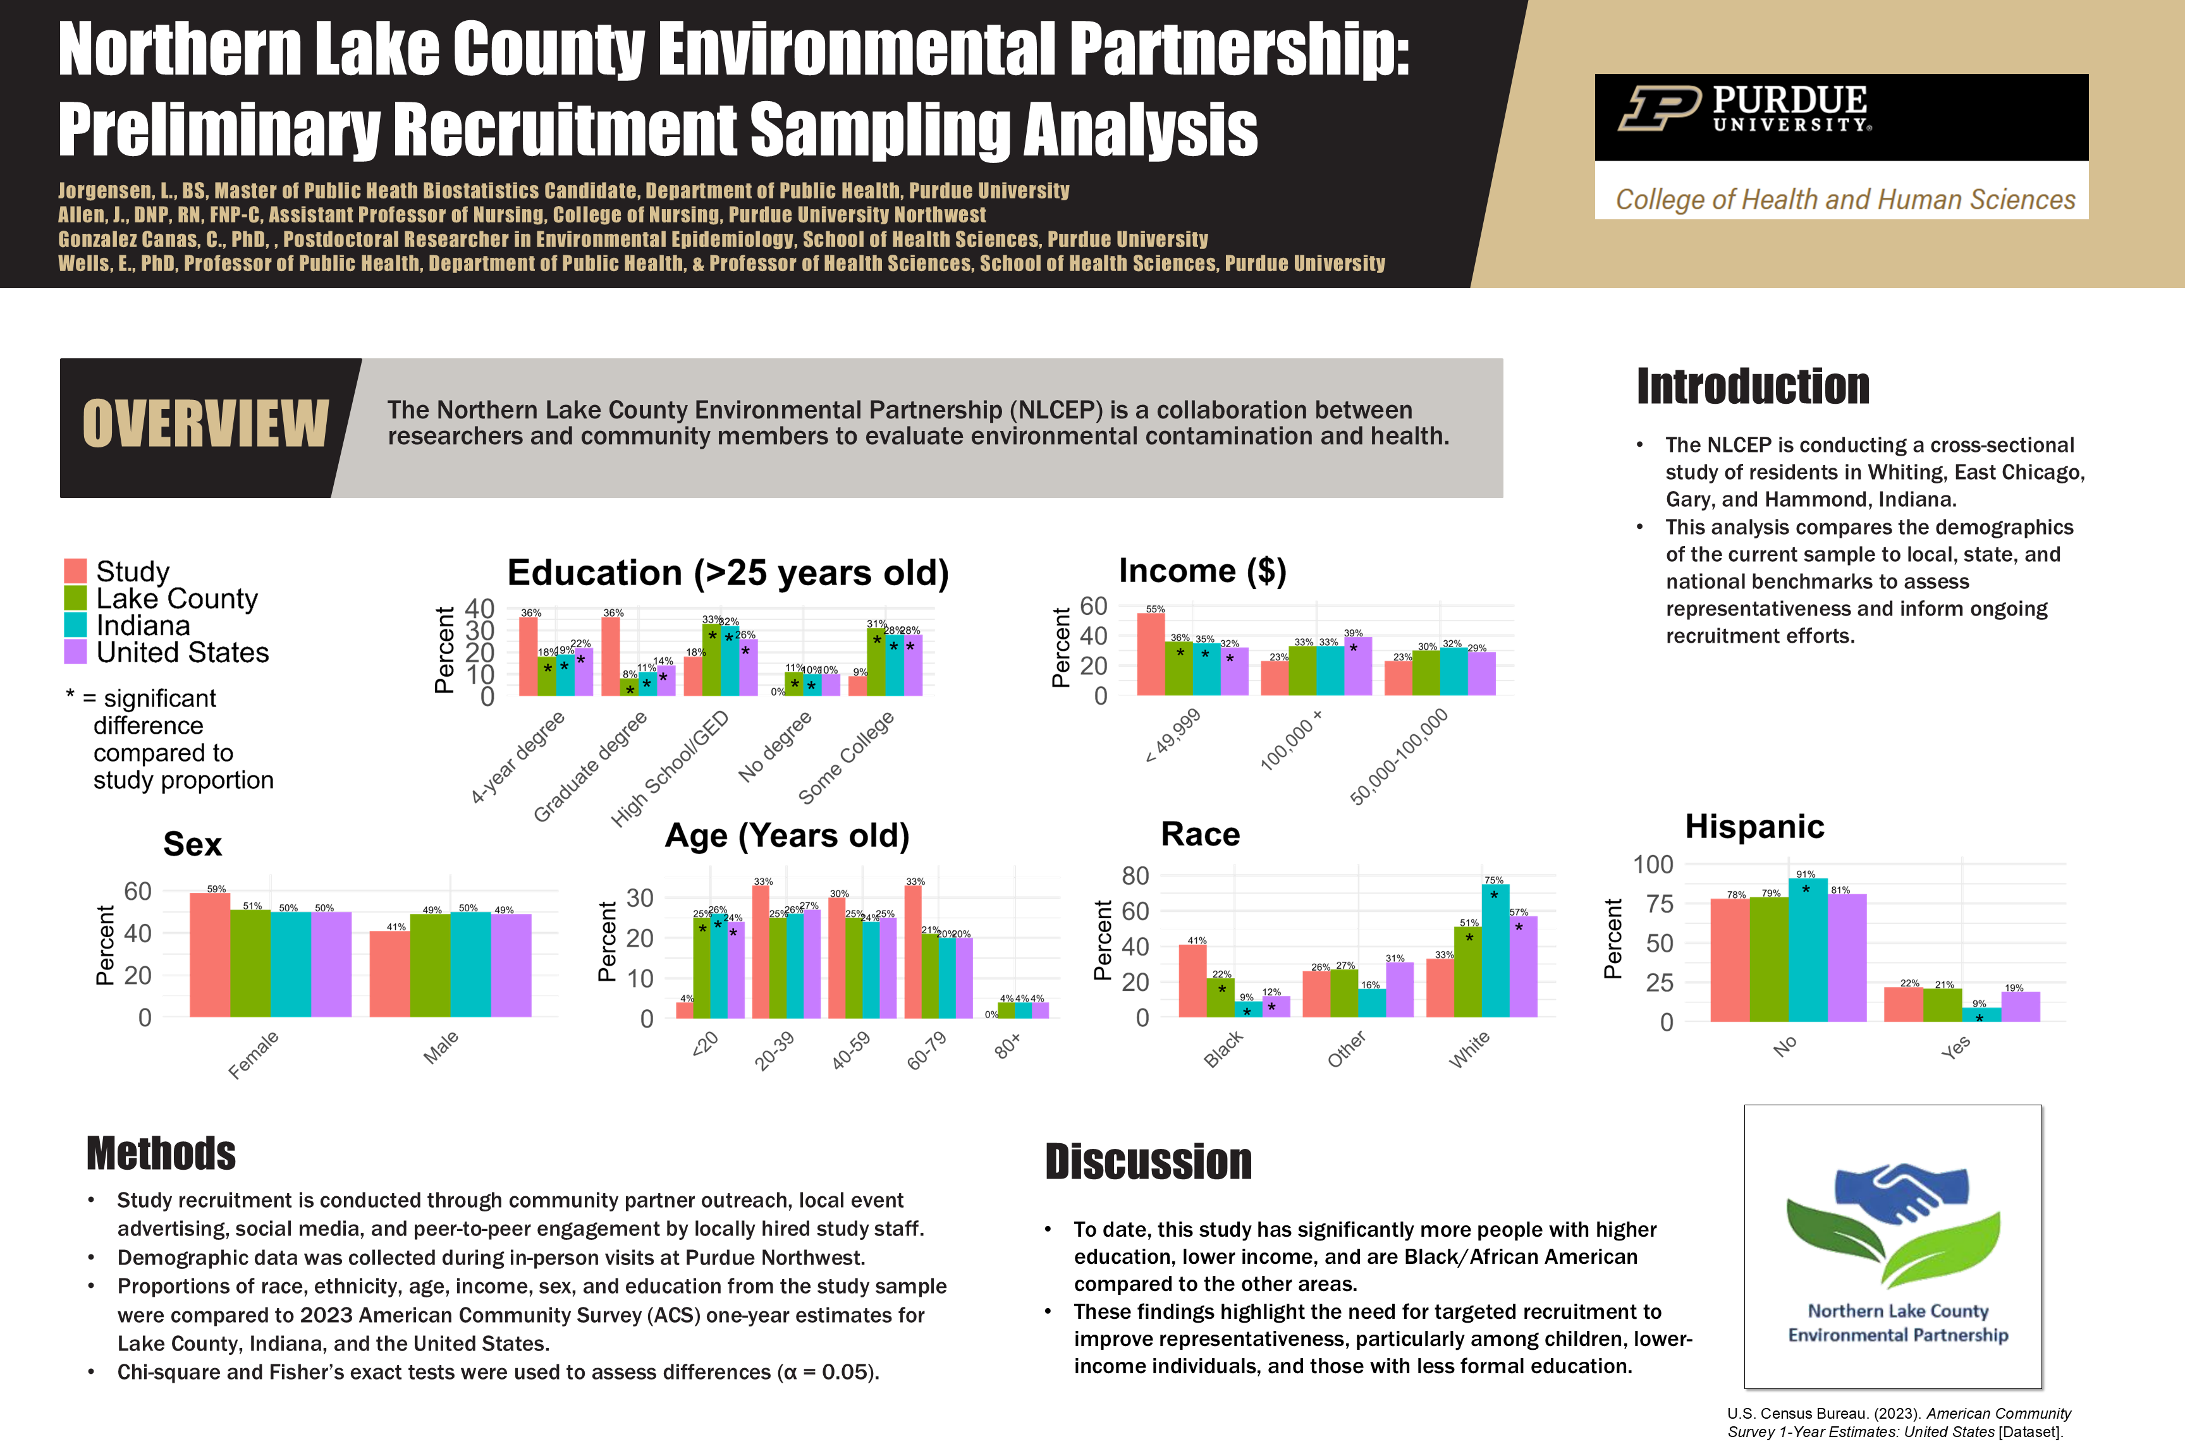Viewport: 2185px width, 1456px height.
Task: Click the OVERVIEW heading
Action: point(205,425)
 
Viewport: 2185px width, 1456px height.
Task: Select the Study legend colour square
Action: point(75,570)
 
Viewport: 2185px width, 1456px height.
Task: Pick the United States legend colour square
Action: point(75,652)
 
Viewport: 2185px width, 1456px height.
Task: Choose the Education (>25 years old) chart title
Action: point(728,573)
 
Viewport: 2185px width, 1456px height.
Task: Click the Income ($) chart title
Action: point(1202,570)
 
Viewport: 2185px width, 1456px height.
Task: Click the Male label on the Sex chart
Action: point(441,1046)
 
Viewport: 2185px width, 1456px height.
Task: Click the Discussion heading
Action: point(1148,1162)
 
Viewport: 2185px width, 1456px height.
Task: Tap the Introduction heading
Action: point(1752,386)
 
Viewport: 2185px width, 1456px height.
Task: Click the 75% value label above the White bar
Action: point(1494,880)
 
